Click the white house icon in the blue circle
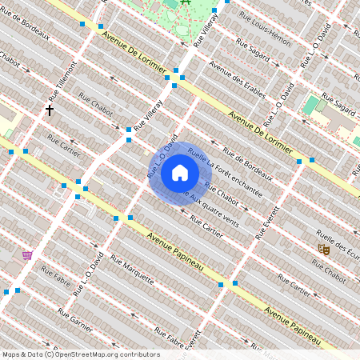[x=179, y=173]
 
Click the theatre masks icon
[x=324, y=249]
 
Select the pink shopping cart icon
[x=28, y=255]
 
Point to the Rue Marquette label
[x=131, y=270]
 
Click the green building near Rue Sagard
[x=310, y=105]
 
